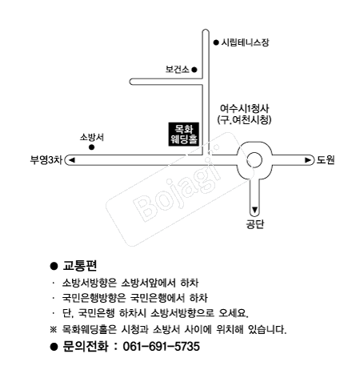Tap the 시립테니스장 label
coord(246,42)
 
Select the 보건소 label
coord(175,70)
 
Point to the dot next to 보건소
coord(192,70)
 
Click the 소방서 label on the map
coord(92,137)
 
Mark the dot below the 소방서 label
coord(92,147)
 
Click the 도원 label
coord(325,160)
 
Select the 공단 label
coord(254,224)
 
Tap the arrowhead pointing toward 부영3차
coord(74,160)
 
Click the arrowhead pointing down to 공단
coord(255,210)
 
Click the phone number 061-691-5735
coord(162,348)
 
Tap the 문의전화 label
coord(85,348)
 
